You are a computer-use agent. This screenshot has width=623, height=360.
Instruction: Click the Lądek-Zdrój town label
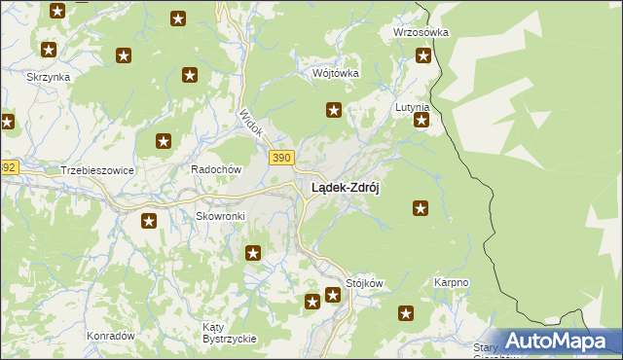click(345, 188)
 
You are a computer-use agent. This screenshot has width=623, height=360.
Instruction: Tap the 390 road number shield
click(280, 159)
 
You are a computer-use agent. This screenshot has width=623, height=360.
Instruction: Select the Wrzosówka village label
click(420, 32)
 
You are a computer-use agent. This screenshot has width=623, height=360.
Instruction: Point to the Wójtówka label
click(336, 73)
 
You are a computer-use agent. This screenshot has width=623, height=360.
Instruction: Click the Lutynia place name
click(412, 106)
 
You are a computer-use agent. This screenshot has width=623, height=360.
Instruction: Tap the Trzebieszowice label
click(96, 169)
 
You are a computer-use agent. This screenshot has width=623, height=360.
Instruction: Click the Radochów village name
click(215, 168)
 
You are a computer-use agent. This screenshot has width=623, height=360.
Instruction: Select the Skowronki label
click(220, 216)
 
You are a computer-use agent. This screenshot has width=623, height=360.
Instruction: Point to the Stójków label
click(365, 283)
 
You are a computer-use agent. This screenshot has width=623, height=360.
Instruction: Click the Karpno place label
click(451, 283)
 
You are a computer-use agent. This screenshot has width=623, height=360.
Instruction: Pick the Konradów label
click(110, 335)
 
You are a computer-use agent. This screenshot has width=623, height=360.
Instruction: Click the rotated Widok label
click(251, 123)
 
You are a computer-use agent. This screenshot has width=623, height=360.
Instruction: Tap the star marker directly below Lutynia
click(421, 121)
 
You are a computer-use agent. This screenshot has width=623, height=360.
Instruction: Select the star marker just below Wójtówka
click(334, 110)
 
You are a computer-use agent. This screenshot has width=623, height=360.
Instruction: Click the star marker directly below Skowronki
click(149, 221)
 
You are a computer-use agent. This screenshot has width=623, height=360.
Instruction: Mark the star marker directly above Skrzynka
click(48, 49)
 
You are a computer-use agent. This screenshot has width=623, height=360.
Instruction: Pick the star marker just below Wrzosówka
click(423, 55)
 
